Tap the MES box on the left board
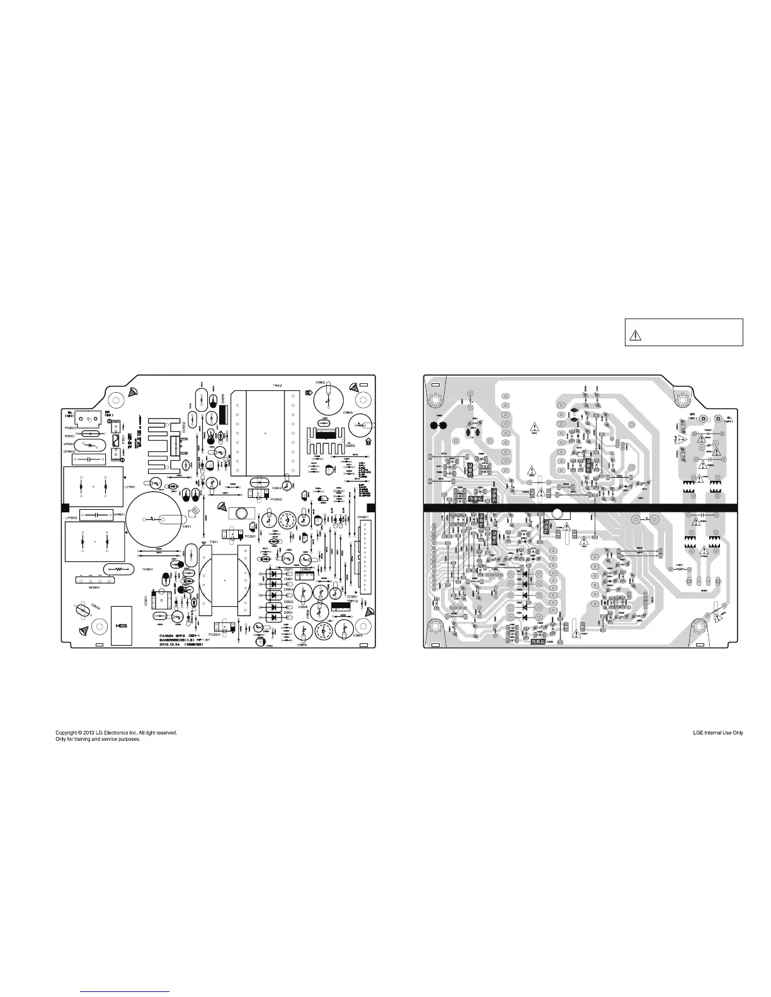click(121, 626)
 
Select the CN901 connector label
click(363, 517)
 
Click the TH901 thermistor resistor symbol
click(118, 569)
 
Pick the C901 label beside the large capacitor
click(186, 526)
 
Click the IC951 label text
click(353, 596)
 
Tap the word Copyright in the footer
click(68, 733)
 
